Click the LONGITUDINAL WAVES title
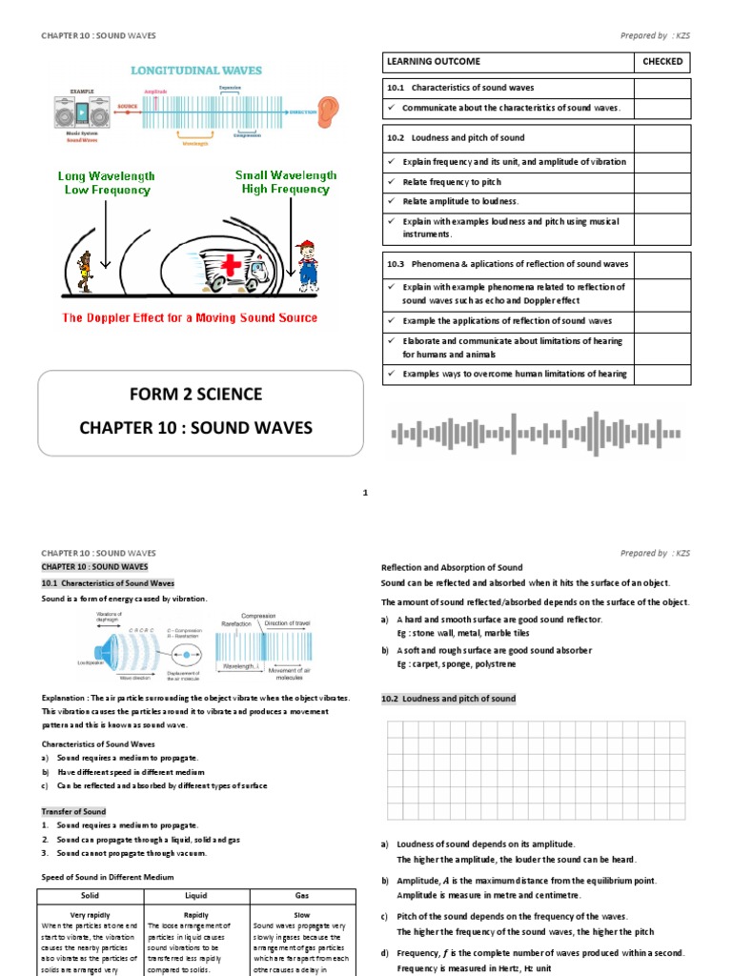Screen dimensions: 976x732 pos(195,71)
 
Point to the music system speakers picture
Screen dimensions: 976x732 pos(71,114)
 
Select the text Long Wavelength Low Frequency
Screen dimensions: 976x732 pos(106,183)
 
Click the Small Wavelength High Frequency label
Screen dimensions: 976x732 pos(286,182)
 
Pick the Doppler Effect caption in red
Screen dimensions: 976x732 pos(190,317)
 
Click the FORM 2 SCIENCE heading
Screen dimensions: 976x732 pos(200,395)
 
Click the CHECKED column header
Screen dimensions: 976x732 pos(662,62)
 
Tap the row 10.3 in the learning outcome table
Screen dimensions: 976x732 pos(507,263)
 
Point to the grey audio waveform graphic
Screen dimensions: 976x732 pos(537,435)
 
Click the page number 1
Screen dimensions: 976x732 pos(365,493)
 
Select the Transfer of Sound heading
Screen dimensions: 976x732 pos(74,811)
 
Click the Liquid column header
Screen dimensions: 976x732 pos(195,896)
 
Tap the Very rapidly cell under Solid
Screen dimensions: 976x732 pos(89,914)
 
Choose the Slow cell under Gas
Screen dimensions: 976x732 pos(302,914)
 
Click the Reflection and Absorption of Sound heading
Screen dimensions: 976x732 pos(452,567)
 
